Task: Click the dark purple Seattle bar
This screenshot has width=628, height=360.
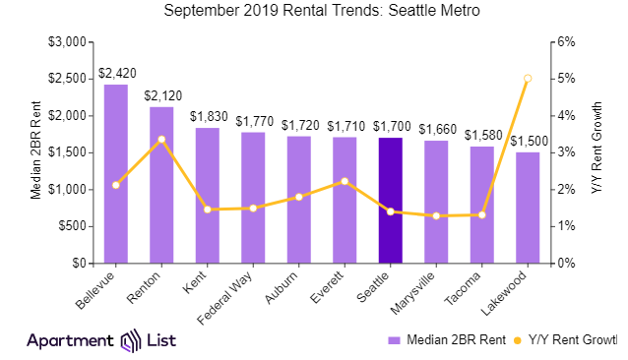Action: [390, 201]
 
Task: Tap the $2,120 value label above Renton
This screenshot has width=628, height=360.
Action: [161, 95]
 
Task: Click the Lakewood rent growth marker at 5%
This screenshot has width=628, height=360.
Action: [528, 79]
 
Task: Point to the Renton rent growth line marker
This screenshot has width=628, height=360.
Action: [161, 140]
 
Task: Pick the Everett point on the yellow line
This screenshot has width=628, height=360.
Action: [345, 182]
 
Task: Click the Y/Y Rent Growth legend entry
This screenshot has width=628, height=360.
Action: [567, 340]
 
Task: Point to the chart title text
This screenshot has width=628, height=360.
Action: [313, 12]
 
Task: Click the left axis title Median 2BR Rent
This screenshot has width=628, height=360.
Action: [35, 152]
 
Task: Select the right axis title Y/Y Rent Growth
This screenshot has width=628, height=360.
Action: [597, 152]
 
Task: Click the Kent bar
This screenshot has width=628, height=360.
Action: [208, 196]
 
